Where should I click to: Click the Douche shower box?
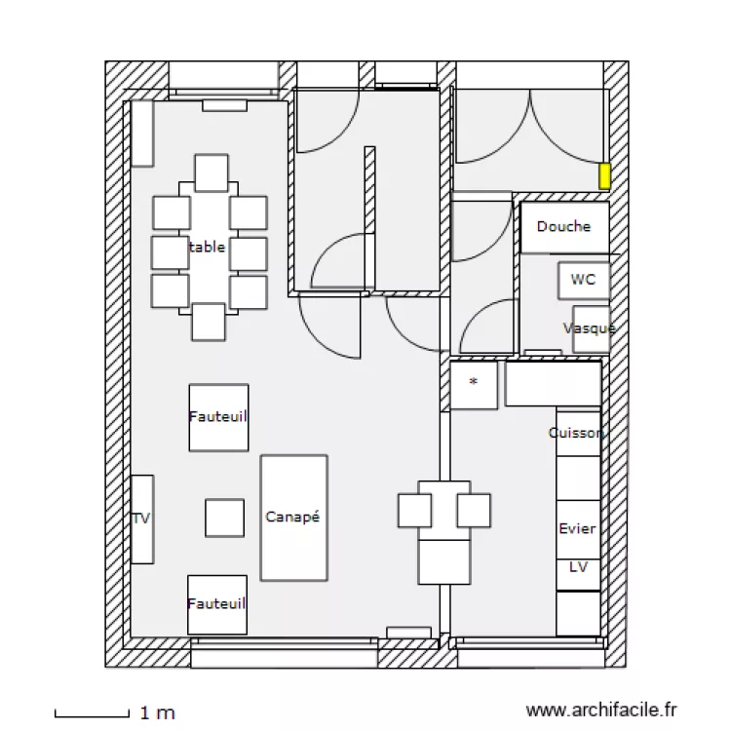point(563,227)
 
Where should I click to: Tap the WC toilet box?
point(583,280)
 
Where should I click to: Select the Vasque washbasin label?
point(589,328)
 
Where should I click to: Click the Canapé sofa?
point(293,518)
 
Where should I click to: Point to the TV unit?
point(142,519)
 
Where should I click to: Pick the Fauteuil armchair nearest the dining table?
point(217,417)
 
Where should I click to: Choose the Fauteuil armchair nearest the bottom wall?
point(216,604)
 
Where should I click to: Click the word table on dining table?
point(208,248)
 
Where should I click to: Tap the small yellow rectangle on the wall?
point(604,176)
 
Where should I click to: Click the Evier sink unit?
point(577,528)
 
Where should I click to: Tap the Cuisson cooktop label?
point(577,433)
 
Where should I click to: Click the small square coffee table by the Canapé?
point(224,518)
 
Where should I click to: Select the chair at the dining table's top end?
point(211,173)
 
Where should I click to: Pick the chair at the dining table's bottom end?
point(209,322)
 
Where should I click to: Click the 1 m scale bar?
point(92,713)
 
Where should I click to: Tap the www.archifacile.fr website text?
point(600,712)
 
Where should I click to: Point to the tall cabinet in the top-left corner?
point(142,134)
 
